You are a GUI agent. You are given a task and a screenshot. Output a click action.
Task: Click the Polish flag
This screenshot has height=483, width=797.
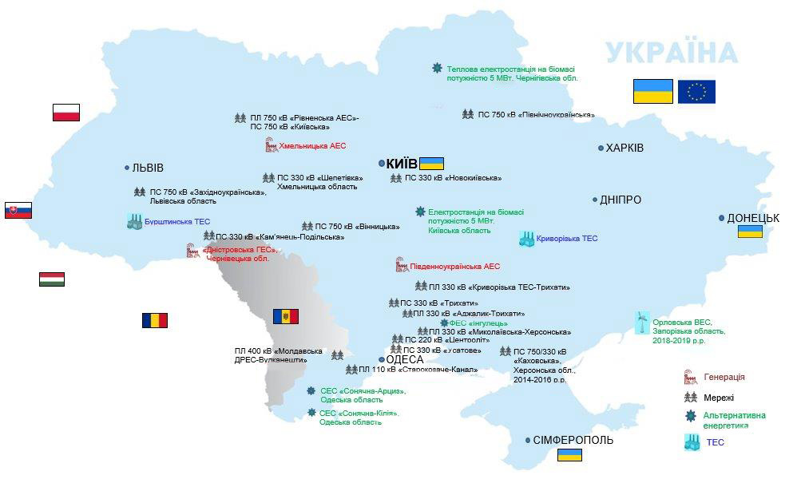coord(66,113)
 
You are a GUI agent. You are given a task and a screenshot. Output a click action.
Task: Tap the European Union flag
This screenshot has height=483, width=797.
coord(696,92)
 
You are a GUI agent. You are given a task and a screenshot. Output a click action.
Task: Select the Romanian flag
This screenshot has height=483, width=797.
coord(155,320)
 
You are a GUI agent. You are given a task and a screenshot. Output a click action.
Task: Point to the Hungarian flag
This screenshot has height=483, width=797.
coord(52,279)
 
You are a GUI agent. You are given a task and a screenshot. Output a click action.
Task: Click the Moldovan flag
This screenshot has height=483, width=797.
coord(285,316)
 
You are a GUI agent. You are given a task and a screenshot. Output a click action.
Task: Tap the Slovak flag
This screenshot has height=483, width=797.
coord(18,211)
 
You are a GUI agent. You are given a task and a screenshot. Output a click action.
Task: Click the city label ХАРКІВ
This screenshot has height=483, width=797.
coord(625,148)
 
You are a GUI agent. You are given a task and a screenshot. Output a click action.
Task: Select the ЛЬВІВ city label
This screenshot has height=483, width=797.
coord(148,168)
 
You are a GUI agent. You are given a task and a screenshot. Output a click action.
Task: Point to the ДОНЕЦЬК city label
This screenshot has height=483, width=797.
coord(753,218)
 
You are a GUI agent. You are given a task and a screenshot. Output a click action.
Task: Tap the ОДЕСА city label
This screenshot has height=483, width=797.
coord(405,360)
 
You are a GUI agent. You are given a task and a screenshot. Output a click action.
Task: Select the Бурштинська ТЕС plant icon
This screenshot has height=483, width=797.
coord(134,222)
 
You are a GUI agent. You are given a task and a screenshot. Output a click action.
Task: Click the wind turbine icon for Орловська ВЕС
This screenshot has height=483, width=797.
coord(641,323)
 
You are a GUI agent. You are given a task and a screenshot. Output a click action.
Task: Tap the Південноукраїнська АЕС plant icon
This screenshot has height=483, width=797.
coord(402,265)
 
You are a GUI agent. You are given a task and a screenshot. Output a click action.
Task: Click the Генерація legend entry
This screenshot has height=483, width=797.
coord(724,377)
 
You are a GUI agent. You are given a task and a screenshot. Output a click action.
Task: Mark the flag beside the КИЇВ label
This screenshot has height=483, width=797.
coord(431,163)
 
